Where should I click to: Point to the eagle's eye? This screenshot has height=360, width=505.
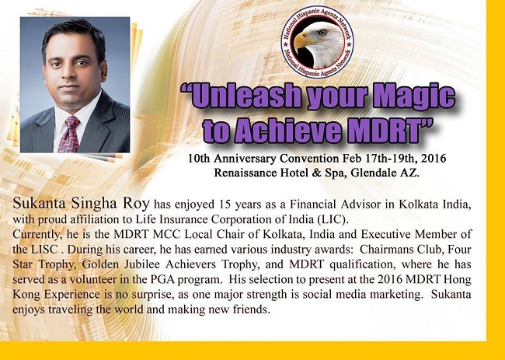coord(322,32)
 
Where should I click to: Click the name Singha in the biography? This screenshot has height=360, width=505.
coord(95,204)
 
